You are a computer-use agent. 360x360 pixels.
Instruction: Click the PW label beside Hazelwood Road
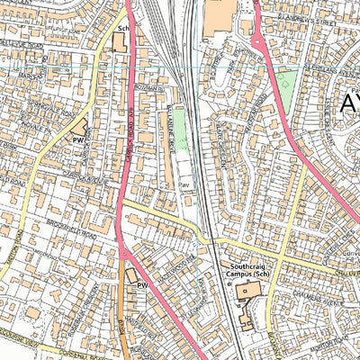[140, 285]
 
